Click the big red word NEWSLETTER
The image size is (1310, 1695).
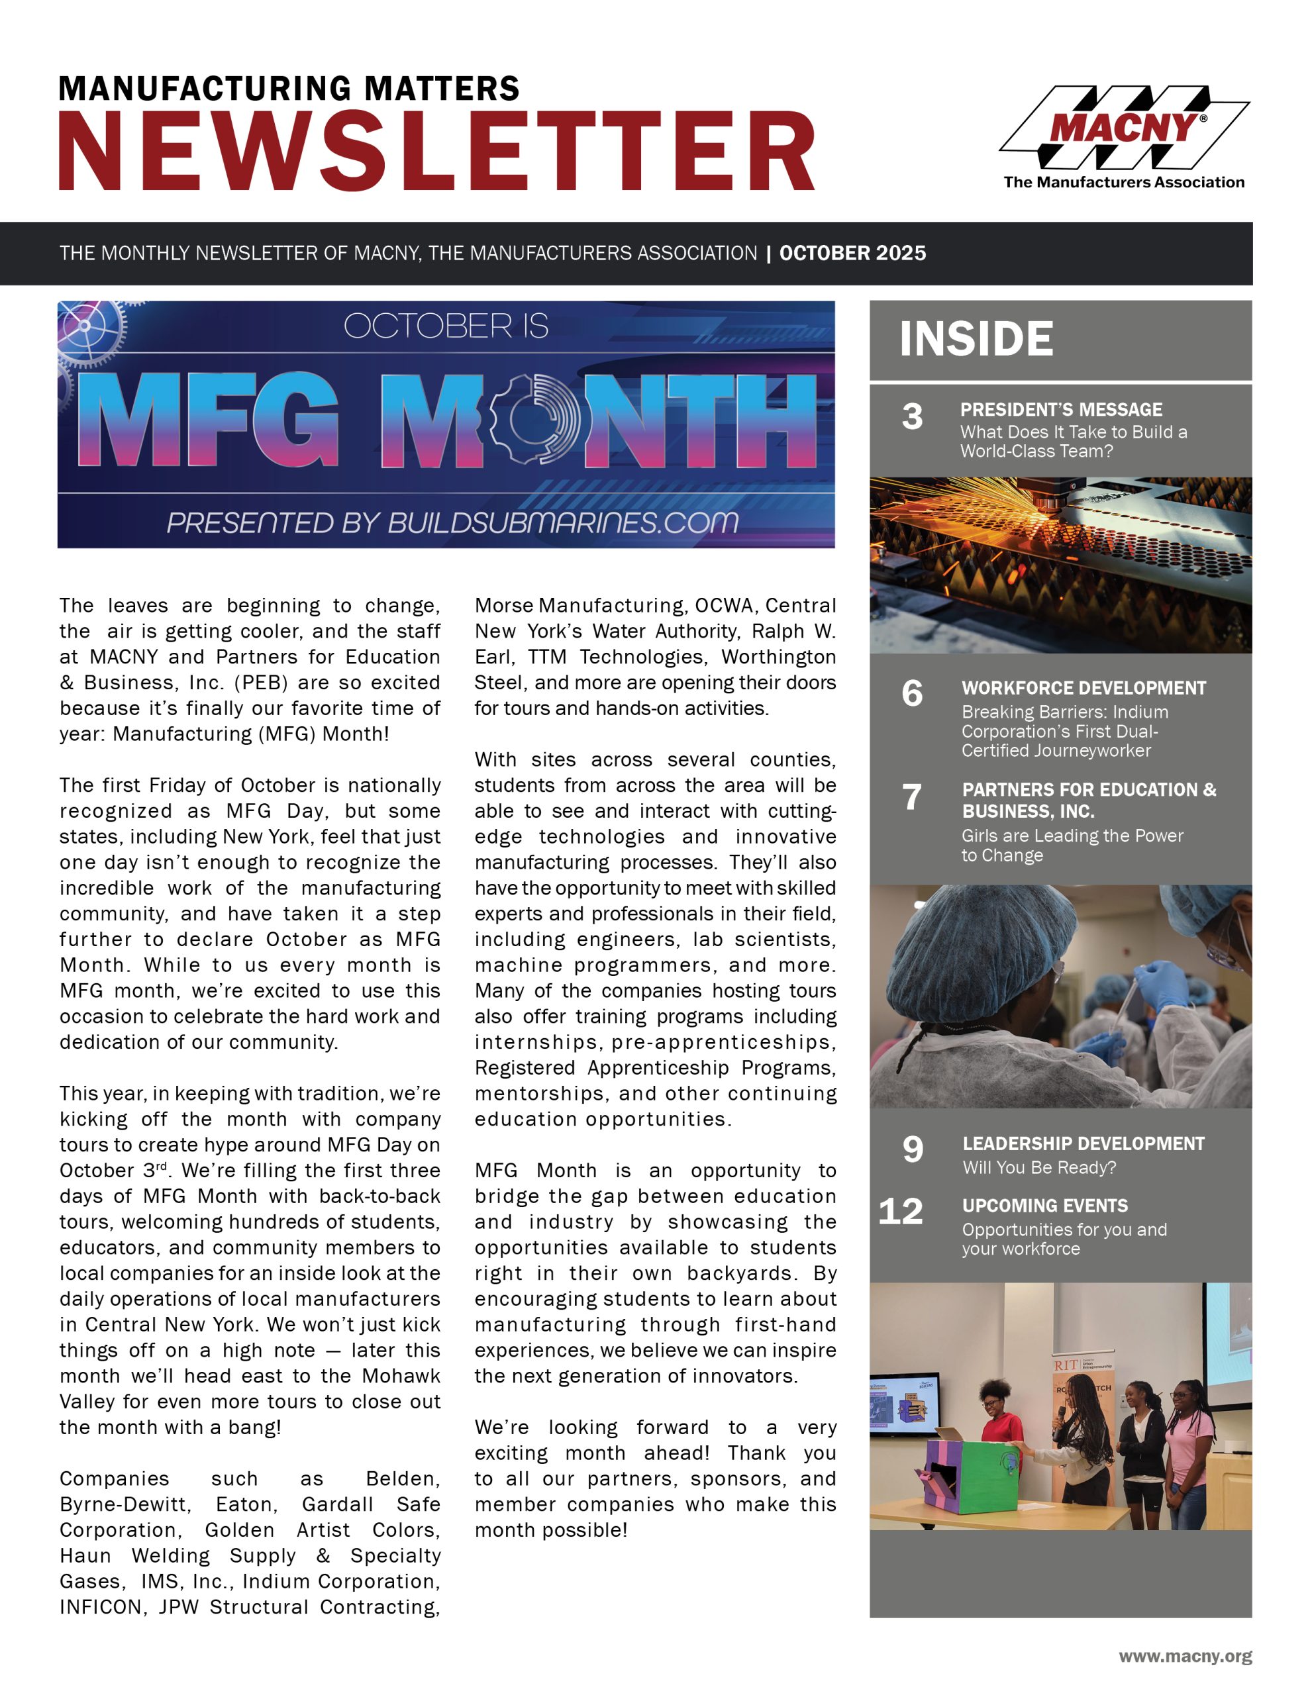(x=436, y=152)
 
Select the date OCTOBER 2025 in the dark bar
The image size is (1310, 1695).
(x=852, y=253)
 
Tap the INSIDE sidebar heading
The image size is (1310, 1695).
(x=976, y=339)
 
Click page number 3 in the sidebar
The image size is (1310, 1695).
(x=913, y=416)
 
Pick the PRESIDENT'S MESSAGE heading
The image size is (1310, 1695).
(x=1061, y=410)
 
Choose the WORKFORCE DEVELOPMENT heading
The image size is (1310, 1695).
(x=1083, y=688)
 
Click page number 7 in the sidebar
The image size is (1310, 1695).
(x=913, y=797)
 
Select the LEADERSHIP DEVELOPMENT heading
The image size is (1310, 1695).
(x=1083, y=1143)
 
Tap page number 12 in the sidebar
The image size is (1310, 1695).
(x=901, y=1212)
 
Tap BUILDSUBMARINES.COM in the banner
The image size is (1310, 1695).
(x=563, y=522)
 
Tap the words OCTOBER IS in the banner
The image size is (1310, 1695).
(x=446, y=326)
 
